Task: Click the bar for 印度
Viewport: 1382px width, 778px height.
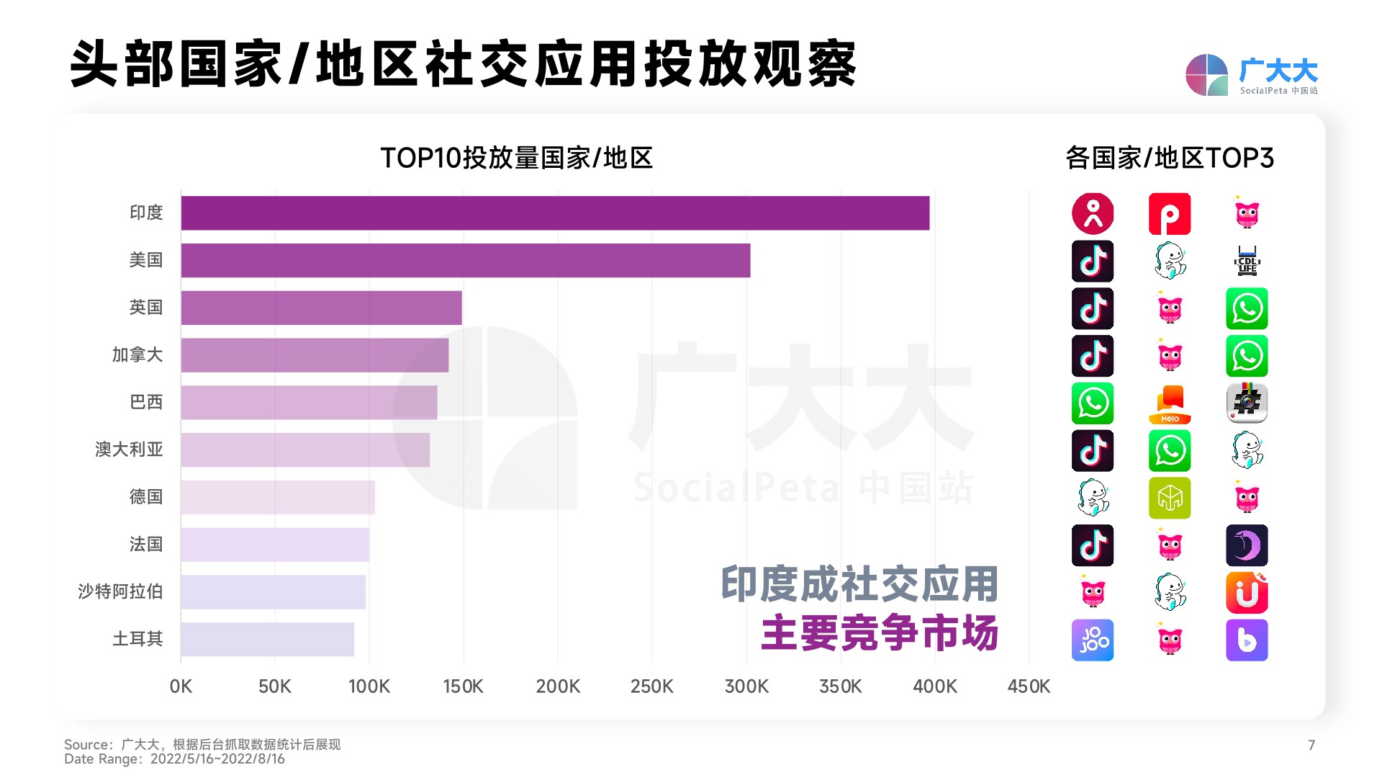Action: pyautogui.click(x=554, y=213)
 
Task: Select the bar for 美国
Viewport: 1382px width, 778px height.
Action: pyautogui.click(x=465, y=260)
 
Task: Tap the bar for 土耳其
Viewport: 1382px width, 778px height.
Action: pyautogui.click(x=267, y=640)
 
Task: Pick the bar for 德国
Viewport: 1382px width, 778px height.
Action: pyautogui.click(x=278, y=497)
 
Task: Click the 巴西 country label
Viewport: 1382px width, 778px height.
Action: pyautogui.click(x=146, y=402)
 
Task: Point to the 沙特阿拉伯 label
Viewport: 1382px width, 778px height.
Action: pyautogui.click(x=120, y=591)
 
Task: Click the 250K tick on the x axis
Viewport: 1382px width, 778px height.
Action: pyautogui.click(x=651, y=687)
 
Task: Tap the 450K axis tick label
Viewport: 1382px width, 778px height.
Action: pyautogui.click(x=1028, y=687)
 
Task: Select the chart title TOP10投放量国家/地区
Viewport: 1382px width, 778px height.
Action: pyautogui.click(x=516, y=158)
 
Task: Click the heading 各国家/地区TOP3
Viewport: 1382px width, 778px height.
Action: pyautogui.click(x=1169, y=158)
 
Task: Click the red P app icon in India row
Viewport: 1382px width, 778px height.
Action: pyautogui.click(x=1169, y=214)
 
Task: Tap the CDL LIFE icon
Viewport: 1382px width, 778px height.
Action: pyautogui.click(x=1247, y=261)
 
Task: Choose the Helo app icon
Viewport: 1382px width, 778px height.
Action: pyautogui.click(x=1169, y=403)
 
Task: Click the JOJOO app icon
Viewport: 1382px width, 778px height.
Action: pyautogui.click(x=1092, y=640)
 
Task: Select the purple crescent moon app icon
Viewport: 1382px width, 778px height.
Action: pyautogui.click(x=1247, y=545)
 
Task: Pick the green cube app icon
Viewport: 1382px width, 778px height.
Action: pyautogui.click(x=1169, y=498)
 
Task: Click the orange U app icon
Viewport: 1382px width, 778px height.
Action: pyautogui.click(x=1247, y=593)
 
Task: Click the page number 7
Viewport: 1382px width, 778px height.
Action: pyautogui.click(x=1311, y=746)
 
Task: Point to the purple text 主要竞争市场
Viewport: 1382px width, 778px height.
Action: pyautogui.click(x=879, y=633)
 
